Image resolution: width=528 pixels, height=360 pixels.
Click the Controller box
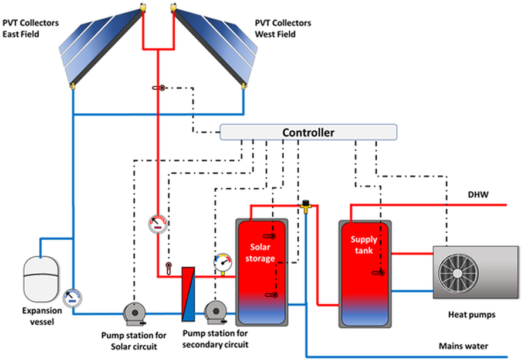(308, 132)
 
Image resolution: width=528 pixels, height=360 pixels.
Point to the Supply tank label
(364, 244)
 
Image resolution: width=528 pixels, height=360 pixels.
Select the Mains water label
(463, 346)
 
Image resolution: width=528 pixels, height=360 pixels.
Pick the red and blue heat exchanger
(188, 294)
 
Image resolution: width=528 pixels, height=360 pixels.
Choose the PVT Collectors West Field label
(283, 29)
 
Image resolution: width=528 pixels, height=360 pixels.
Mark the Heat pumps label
(475, 315)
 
